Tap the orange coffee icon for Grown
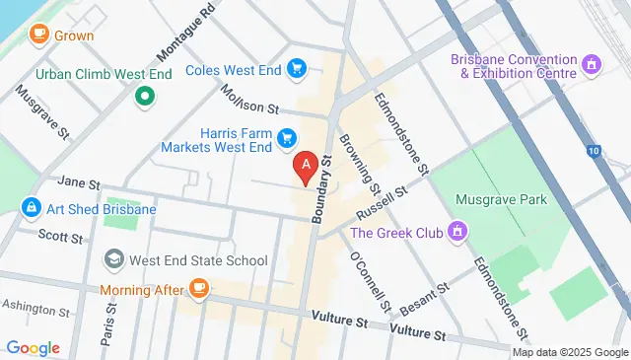click(x=39, y=36)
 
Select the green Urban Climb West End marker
click(x=144, y=96)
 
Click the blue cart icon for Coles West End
click(x=295, y=68)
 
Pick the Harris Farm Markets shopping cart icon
click(x=287, y=137)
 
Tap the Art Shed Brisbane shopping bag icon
click(x=31, y=209)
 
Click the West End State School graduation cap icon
click(x=114, y=260)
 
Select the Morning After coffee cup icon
click(x=200, y=289)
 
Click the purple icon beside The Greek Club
click(x=456, y=233)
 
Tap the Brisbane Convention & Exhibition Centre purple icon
click(x=592, y=66)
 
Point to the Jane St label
click(x=79, y=183)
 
